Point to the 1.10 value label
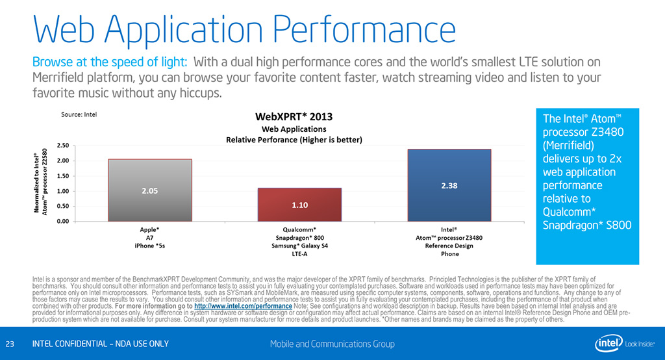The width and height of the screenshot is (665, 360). click(300, 205)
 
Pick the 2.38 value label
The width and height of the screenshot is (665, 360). click(449, 185)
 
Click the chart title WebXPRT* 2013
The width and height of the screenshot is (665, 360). click(294, 117)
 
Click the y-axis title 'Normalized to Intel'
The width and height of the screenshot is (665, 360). click(40, 182)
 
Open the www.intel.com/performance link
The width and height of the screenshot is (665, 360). click(243, 305)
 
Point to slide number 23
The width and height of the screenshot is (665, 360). click(10, 344)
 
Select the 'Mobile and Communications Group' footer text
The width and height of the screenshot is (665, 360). click(332, 344)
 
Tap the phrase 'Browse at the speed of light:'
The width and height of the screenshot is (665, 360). click(110, 62)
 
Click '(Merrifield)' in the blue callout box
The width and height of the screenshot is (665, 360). click(570, 145)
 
